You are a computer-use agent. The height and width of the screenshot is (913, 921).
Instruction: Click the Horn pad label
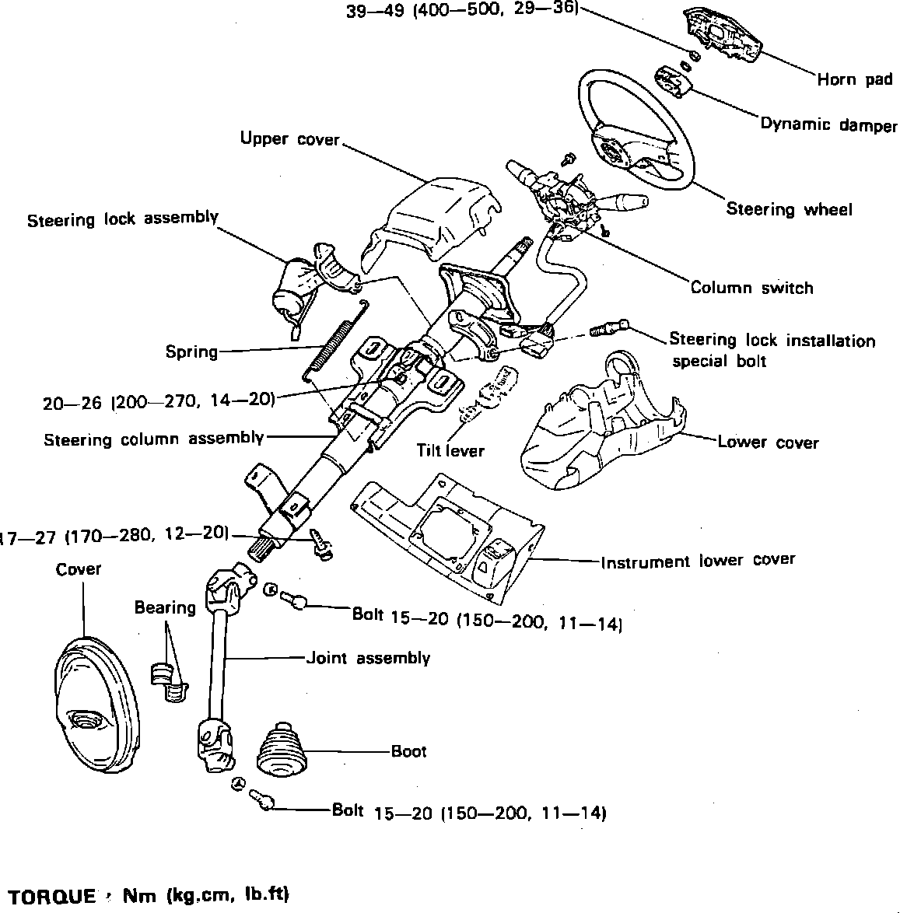click(854, 79)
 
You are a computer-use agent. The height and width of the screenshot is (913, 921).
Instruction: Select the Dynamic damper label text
click(828, 124)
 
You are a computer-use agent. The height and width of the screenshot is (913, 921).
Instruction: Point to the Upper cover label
click(289, 139)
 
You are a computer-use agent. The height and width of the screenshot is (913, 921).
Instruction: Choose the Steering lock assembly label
click(122, 219)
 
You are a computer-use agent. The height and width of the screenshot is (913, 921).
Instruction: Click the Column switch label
click(751, 288)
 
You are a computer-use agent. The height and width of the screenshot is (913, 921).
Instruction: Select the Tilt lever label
click(450, 450)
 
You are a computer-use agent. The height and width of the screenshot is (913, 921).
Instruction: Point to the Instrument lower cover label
click(698, 561)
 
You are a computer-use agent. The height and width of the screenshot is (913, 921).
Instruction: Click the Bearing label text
click(165, 607)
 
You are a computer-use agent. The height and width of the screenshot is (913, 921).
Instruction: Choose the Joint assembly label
click(368, 658)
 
